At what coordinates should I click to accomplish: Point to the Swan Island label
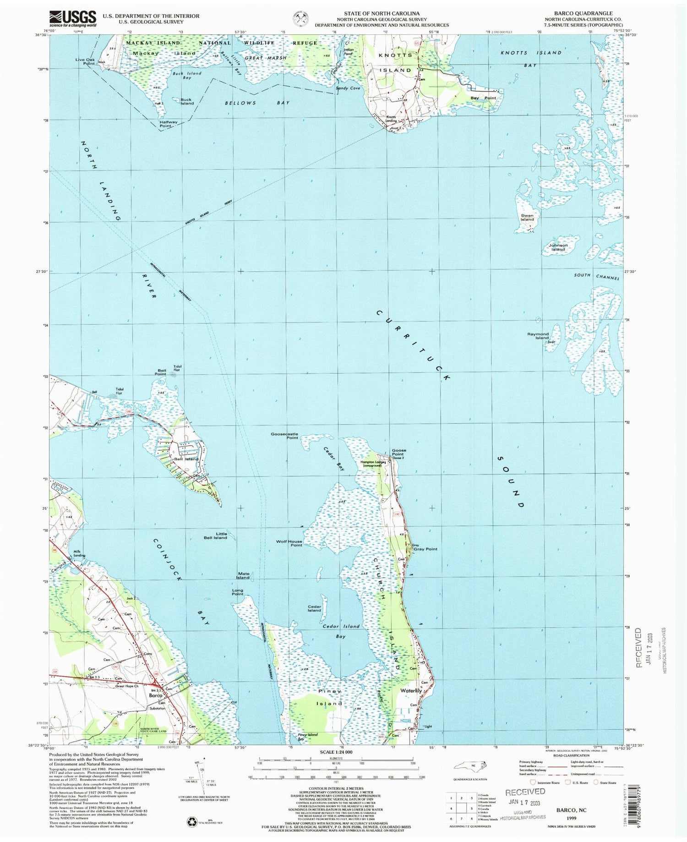tap(527, 217)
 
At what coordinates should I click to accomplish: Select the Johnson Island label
tap(558, 247)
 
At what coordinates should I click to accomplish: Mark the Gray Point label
tap(425, 549)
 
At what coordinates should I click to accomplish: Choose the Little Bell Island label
tap(215, 536)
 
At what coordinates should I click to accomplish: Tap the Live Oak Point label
tap(85, 61)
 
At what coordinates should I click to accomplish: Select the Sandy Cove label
tap(348, 88)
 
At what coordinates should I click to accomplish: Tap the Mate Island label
tap(243, 575)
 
